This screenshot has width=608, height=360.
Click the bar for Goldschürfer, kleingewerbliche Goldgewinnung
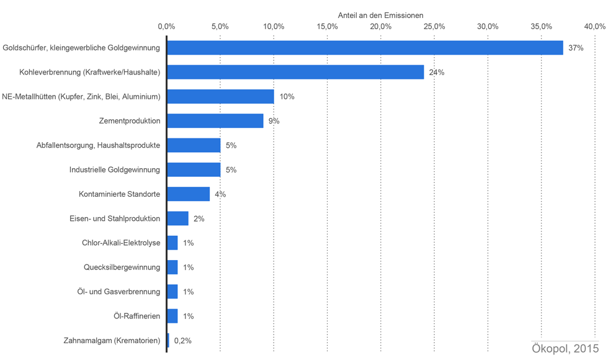[x=365, y=48]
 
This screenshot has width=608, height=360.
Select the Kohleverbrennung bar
[x=295, y=72]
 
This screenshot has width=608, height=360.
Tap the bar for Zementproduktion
[x=215, y=121]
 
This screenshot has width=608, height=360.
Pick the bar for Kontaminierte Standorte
[x=189, y=194]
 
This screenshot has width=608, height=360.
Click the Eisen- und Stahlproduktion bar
[x=178, y=218]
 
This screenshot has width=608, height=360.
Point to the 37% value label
[x=576, y=48]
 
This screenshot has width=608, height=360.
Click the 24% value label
[x=436, y=73]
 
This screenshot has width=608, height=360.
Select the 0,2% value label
[x=183, y=341]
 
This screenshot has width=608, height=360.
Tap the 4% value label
[x=220, y=194]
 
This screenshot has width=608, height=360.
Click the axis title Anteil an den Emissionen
[x=380, y=15]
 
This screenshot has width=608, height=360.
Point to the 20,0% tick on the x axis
[x=381, y=26]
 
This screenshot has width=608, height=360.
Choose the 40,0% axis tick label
[x=594, y=26]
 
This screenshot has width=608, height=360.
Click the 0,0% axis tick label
[x=166, y=26]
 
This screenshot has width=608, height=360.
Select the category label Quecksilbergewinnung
[x=122, y=268]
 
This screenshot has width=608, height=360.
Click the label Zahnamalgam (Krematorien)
[x=112, y=341]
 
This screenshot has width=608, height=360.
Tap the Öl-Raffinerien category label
[x=136, y=316]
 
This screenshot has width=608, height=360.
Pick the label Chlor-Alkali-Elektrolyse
[x=121, y=243]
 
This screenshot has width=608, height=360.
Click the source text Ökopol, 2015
[x=565, y=348]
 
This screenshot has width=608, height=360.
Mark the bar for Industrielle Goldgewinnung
[x=194, y=170]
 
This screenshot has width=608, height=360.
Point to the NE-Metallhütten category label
[x=81, y=97]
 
